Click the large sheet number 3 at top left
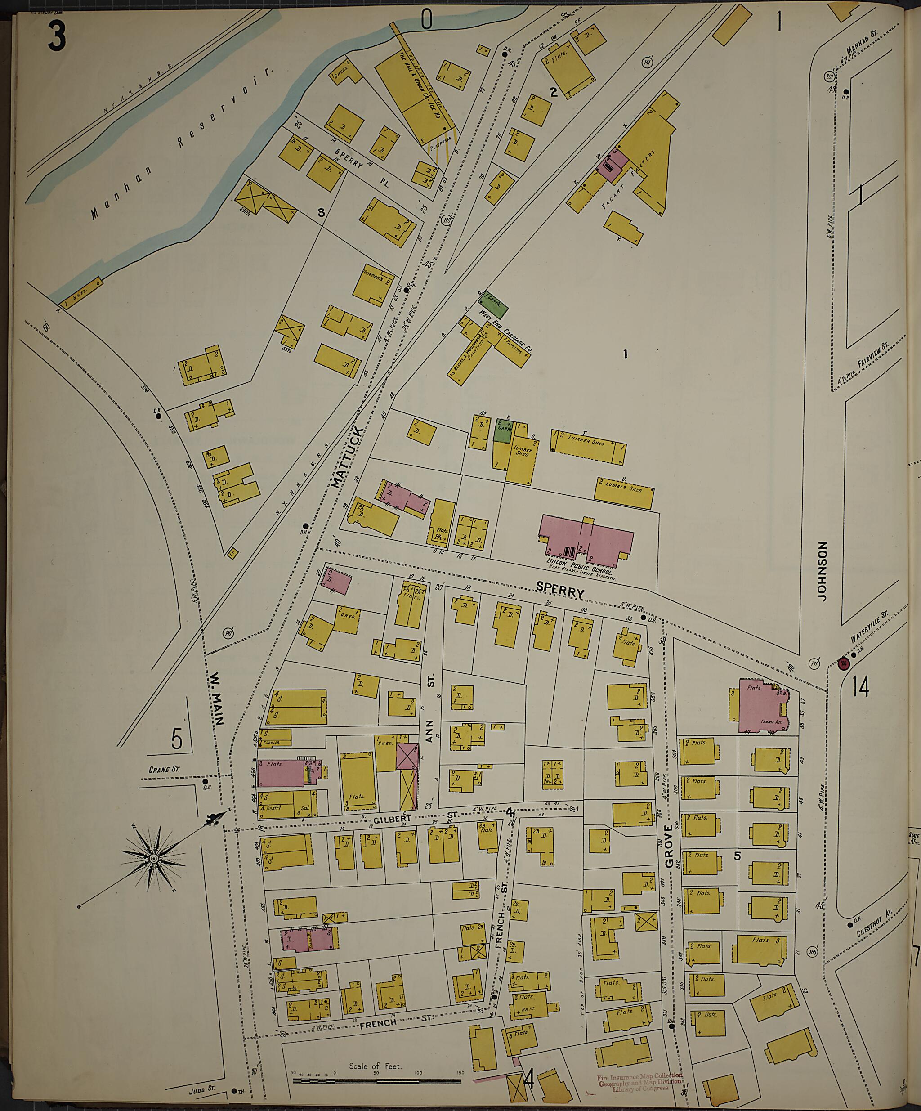(57, 36)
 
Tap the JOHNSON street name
(822, 570)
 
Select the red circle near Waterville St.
(843, 663)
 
